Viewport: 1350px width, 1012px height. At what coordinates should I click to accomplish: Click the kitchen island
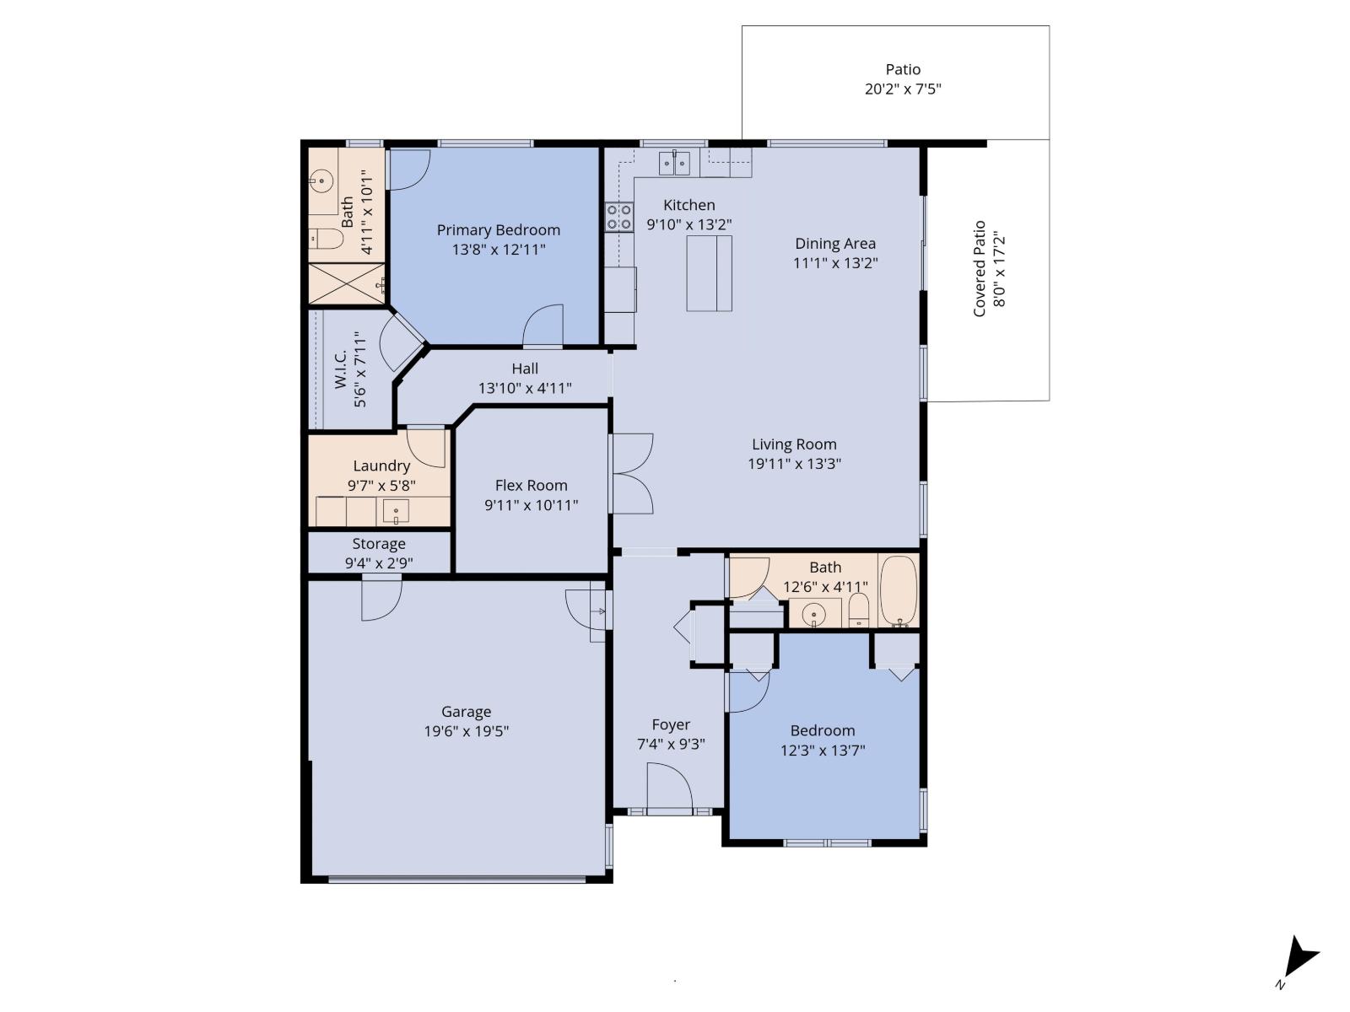(x=709, y=273)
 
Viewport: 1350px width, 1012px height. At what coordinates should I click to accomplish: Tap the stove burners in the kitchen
(x=619, y=217)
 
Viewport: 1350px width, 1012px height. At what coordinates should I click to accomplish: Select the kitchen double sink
(x=674, y=162)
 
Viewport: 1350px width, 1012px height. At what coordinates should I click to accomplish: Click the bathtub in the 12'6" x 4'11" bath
(x=899, y=590)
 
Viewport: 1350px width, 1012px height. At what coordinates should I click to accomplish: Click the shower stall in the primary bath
(x=346, y=283)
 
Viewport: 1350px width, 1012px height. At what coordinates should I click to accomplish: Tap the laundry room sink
(x=396, y=510)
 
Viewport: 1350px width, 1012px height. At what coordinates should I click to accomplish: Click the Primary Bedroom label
(x=498, y=230)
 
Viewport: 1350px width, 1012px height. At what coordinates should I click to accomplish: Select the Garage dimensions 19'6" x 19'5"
(x=466, y=731)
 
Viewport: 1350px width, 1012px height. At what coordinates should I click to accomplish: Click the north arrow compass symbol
(x=1299, y=960)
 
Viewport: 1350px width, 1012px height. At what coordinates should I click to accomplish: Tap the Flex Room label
(x=531, y=485)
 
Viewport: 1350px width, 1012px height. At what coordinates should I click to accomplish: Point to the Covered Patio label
(x=980, y=268)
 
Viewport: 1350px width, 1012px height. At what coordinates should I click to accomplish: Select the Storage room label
(x=379, y=544)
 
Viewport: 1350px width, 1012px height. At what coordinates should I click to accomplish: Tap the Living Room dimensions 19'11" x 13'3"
(x=794, y=463)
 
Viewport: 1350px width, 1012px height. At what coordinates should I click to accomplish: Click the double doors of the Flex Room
(x=632, y=473)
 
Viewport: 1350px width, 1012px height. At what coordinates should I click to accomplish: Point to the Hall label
(x=525, y=369)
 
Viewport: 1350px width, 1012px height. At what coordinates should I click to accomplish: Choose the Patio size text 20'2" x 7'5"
(x=902, y=89)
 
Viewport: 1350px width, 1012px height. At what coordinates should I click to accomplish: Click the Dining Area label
(x=834, y=244)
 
